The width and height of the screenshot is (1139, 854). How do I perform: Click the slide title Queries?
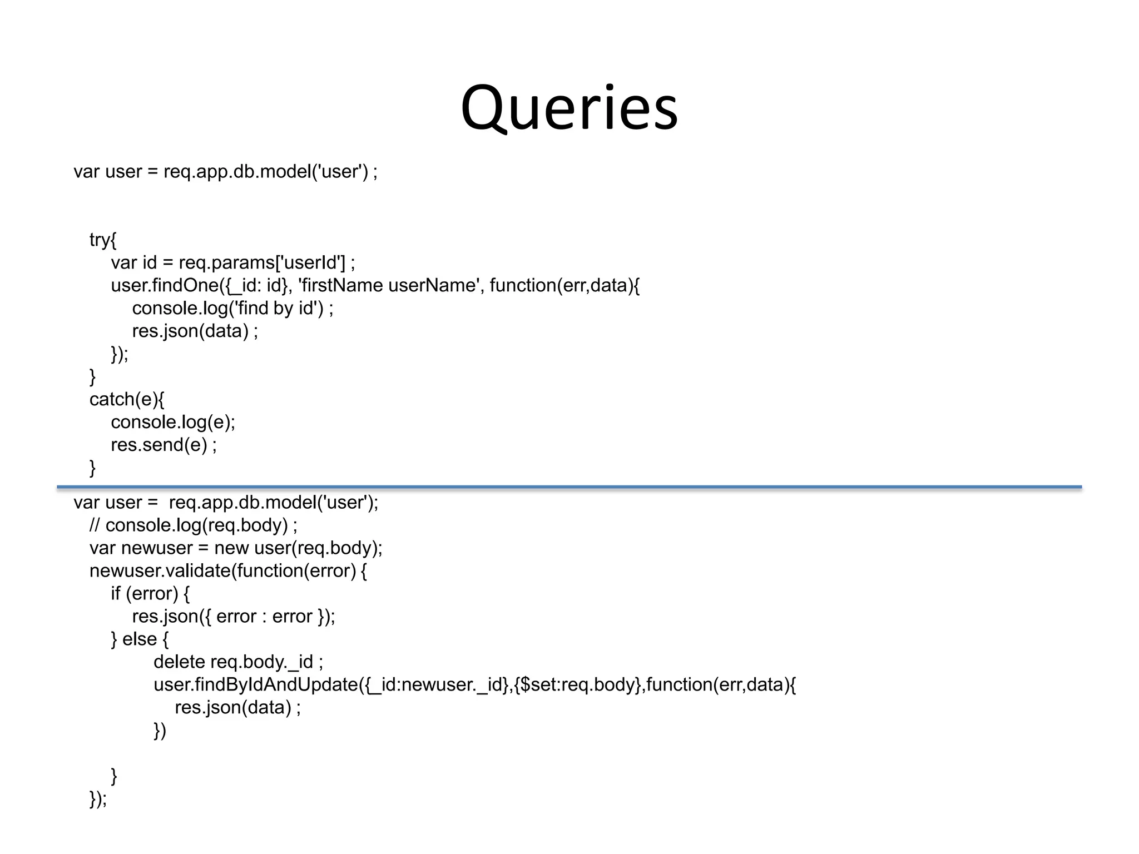click(569, 108)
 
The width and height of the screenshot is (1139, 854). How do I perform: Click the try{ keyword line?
click(103, 240)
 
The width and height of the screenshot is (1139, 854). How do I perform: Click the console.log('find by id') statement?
click(232, 308)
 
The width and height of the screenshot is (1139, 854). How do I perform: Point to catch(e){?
click(127, 399)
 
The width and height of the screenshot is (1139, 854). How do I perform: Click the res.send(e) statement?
click(164, 445)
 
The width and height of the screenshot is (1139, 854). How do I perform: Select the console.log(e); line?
click(173, 422)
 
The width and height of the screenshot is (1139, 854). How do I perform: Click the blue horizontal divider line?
click(569, 487)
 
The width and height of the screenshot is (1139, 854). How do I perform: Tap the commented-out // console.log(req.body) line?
click(193, 525)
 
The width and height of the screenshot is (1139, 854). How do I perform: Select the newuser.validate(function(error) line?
click(228, 570)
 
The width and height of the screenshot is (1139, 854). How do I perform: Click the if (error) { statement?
click(150, 593)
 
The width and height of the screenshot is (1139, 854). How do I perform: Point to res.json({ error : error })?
click(234, 616)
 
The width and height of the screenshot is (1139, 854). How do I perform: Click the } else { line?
click(140, 639)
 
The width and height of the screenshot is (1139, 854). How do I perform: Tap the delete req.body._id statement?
click(238, 662)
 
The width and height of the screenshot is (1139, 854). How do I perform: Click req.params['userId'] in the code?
click(261, 262)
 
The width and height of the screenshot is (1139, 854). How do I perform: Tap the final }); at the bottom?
click(98, 799)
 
